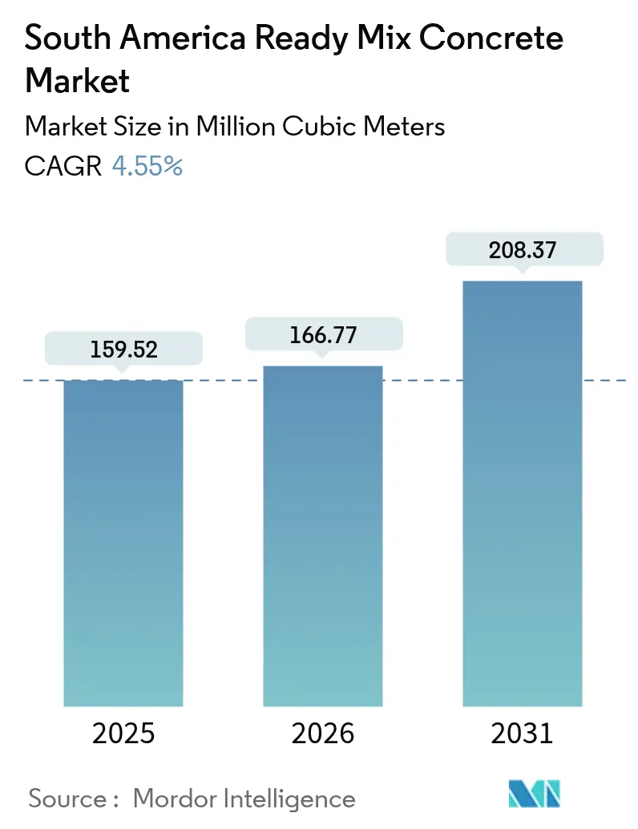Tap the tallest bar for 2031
pos(522,493)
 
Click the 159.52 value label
pos(123,350)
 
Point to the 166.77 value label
pos(323,335)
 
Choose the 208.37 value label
pos(522,250)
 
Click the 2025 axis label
pos(123,734)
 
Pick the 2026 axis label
pos(323,734)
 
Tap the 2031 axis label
pos(522,734)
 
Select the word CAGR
pos(63,167)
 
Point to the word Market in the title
pos(79,80)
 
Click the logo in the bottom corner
pos(535,795)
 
